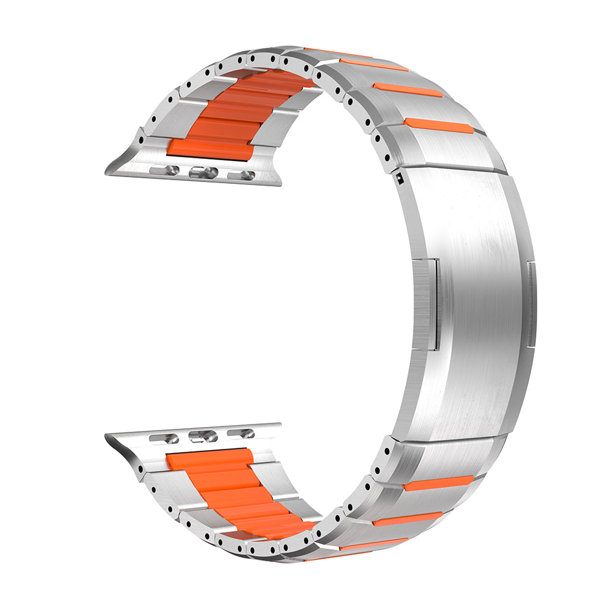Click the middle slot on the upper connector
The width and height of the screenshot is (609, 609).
coord(203,173)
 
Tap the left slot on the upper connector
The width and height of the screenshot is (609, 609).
coord(164,171)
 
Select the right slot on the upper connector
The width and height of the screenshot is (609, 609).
coord(242,176)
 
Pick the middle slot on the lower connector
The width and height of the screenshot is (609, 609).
coord(203,436)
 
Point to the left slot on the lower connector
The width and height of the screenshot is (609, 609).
coord(164,438)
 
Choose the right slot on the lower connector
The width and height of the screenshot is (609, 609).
coord(242,434)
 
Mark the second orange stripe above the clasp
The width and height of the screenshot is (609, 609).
coord(407,90)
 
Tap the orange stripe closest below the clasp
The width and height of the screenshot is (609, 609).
coord(438,484)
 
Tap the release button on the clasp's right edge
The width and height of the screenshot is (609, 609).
coord(532,304)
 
